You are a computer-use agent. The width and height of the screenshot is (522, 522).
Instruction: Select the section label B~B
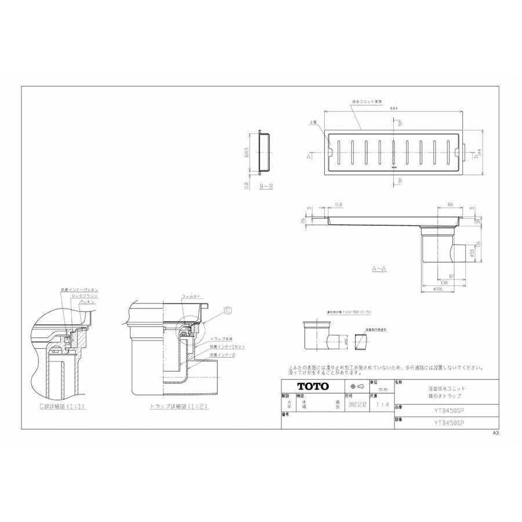tap(265, 187)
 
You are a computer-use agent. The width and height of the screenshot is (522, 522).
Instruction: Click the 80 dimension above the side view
tap(450, 204)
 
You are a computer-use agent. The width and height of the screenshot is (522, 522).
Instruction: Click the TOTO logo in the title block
tap(313, 386)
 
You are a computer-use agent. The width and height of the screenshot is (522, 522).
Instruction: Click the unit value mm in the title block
tap(383, 389)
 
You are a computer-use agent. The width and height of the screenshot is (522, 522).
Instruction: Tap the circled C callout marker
tap(227, 311)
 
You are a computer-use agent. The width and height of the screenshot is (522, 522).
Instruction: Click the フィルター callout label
tap(191, 296)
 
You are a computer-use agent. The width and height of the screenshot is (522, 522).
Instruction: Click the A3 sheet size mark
tap(496, 433)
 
